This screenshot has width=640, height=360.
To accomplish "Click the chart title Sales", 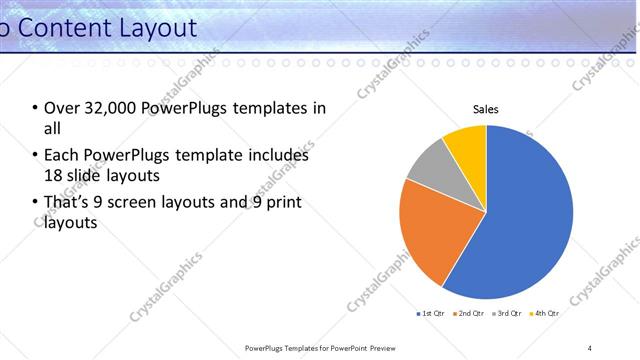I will point(486,109).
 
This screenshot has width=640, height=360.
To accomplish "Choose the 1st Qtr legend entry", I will point(432,313).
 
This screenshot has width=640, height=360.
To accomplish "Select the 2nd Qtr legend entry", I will point(469,313).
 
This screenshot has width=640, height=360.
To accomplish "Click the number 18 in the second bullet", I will point(54,174).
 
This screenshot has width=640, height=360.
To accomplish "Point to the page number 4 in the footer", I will point(589,348).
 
